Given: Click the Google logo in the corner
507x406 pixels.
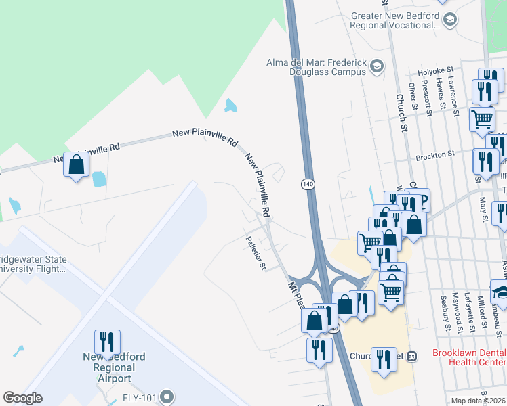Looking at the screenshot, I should point(23,397).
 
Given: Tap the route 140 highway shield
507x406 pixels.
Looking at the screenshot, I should point(307,184).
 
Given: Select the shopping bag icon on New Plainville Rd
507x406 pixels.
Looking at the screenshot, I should point(77,164).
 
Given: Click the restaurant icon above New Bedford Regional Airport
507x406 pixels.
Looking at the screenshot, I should point(107,343).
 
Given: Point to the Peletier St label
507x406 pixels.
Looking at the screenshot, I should point(256,252).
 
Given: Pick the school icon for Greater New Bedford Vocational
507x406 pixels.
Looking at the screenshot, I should point(449,21).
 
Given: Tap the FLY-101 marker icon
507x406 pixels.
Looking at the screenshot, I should point(167,397).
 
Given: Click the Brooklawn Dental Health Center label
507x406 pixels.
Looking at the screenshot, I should point(469,358).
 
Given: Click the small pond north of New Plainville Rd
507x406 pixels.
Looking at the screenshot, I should point(231,106).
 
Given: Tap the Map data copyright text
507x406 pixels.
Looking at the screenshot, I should point(479,401).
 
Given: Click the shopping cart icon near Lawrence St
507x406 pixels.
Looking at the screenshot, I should point(482,118).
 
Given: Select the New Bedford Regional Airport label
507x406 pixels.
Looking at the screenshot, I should point(114,367).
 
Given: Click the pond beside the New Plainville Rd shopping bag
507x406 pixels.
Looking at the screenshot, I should point(99,179).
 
